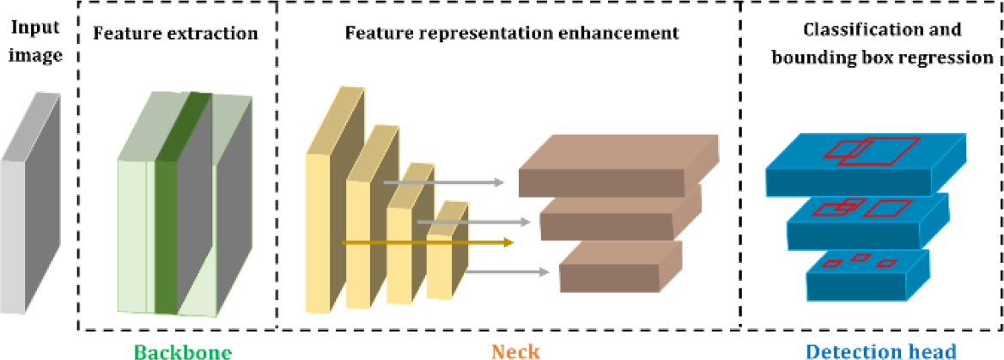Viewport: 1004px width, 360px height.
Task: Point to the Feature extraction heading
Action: tap(175, 35)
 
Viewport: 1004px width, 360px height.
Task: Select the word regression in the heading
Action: tap(952, 58)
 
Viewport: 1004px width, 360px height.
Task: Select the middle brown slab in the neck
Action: tap(618, 217)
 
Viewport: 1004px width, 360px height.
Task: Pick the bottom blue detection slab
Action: tap(867, 275)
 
